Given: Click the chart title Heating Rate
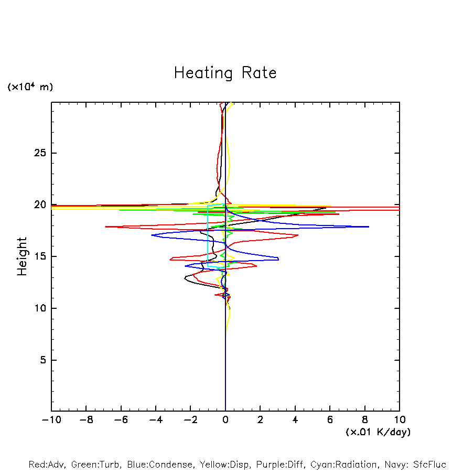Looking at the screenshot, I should pos(225,73).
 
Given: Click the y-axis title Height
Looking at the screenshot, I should pos(22,256).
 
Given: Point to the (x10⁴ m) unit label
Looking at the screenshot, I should pos(30,87).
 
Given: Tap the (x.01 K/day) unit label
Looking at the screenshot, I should pos(378,432).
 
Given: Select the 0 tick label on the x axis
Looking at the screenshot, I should pos(225,420).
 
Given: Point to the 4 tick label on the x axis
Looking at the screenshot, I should pos(295,420).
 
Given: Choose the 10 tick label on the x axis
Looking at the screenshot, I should pos(400,420).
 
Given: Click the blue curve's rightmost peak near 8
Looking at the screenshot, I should pos(369,227).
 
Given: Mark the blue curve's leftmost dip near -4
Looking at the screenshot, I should pos(152,235).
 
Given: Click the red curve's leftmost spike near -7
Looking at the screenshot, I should pos(106,227).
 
